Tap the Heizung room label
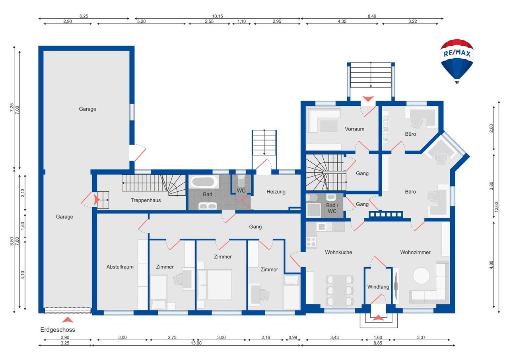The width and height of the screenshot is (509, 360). [x=276, y=192]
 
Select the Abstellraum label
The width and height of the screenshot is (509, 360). [x=120, y=267]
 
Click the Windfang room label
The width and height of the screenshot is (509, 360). [x=378, y=287]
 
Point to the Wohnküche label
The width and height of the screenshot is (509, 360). [x=338, y=252]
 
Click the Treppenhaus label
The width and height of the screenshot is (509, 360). [x=146, y=200]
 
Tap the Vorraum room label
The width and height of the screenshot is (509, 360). [x=354, y=129]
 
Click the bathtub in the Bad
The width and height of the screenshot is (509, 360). [x=203, y=182]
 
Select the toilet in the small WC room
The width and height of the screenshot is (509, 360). [x=241, y=181]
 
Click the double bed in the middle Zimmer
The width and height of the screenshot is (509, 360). [x=215, y=285]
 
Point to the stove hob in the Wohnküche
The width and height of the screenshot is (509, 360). [x=311, y=242]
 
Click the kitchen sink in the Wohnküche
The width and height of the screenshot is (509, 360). [x=324, y=227]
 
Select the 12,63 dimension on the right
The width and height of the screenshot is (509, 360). [x=496, y=207]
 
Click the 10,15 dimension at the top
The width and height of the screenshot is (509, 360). [x=218, y=16]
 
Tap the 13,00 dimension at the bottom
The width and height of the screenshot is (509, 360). [x=196, y=343]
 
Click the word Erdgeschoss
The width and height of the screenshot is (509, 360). [x=58, y=329]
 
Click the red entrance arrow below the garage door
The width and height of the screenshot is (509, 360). [x=68, y=320]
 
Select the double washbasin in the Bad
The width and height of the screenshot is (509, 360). [x=208, y=206]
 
